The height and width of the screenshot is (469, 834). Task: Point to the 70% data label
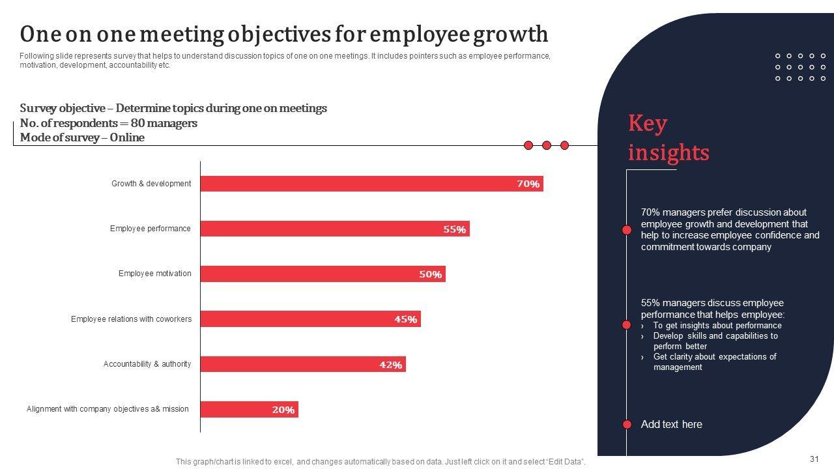click(x=528, y=184)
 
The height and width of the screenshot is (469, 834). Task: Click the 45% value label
click(x=405, y=320)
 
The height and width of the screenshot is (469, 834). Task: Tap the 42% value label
click(x=391, y=365)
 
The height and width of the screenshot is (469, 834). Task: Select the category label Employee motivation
click(x=154, y=274)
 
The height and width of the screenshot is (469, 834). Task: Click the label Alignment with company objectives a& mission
click(x=108, y=409)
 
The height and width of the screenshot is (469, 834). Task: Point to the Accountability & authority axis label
click(x=147, y=364)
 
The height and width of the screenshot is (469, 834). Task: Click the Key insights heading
click(x=668, y=137)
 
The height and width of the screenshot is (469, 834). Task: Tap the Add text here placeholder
click(x=671, y=425)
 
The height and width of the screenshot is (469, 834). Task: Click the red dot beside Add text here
click(x=627, y=425)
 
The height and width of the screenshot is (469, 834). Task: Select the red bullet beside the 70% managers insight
click(x=627, y=230)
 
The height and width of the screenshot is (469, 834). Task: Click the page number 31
click(x=814, y=459)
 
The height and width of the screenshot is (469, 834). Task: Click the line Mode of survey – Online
click(x=82, y=137)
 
